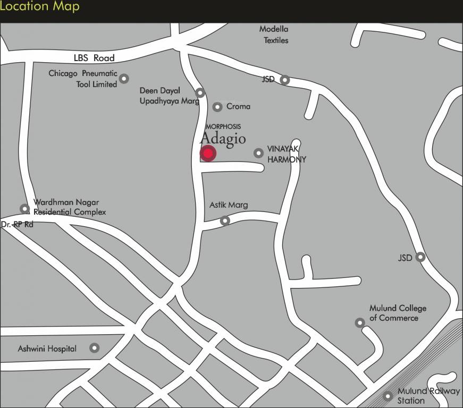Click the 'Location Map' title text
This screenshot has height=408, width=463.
40,7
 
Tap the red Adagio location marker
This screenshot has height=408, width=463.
208,154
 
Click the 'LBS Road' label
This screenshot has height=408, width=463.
94,58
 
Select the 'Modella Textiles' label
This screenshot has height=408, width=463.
274,35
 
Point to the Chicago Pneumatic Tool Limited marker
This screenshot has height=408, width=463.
124,79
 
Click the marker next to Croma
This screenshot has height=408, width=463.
217,107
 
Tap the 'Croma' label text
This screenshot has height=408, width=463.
238,106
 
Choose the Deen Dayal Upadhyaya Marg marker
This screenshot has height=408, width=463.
200,93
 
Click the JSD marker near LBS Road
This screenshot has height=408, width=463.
285,80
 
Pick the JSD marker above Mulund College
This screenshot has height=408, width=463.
420,257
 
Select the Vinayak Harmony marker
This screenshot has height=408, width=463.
258,153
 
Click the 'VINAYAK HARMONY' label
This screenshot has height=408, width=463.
287,154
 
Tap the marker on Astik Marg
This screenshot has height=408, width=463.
225,220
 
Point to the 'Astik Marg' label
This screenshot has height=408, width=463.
229,205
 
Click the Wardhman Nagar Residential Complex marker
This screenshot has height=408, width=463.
24,209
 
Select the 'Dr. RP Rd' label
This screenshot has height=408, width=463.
17,225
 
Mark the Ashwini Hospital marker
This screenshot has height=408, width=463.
94,348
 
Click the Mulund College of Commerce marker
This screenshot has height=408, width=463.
360,322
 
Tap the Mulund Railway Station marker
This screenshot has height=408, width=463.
388,396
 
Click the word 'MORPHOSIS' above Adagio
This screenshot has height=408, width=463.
223,126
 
